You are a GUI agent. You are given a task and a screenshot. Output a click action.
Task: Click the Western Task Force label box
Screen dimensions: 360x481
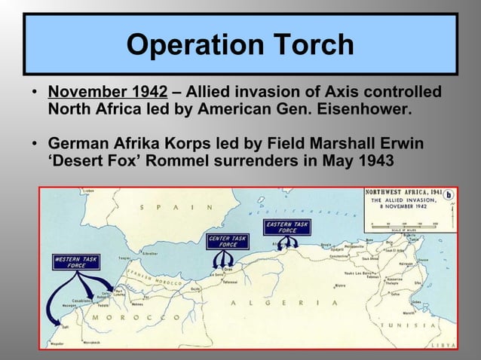click(x=74, y=262)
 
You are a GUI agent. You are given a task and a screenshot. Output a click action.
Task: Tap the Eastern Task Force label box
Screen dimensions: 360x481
click(x=286, y=227)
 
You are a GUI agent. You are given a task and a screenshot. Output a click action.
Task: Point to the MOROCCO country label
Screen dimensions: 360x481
click(x=132, y=317)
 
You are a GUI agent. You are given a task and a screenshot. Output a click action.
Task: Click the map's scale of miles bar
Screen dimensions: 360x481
click(x=406, y=224)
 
